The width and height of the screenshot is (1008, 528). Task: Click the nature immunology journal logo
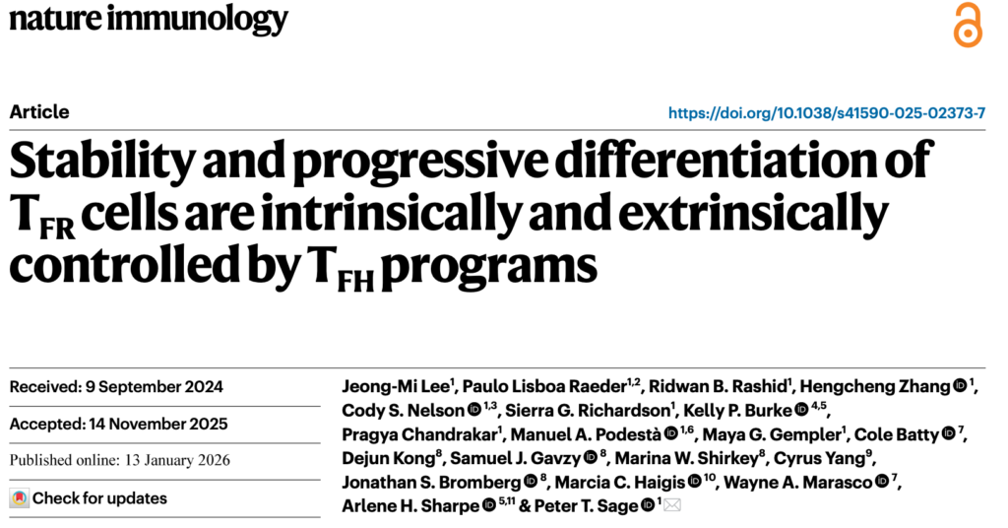click(x=149, y=19)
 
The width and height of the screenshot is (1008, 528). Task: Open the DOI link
click(x=827, y=113)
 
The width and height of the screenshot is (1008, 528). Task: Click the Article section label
click(x=39, y=111)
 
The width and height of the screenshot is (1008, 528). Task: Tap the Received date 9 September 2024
click(x=116, y=386)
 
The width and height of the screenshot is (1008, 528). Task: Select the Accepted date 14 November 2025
click(x=118, y=425)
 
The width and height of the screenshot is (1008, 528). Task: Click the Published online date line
click(x=118, y=460)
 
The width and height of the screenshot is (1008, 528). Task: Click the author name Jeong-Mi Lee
click(x=394, y=386)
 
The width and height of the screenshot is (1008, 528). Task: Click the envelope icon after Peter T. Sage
click(x=673, y=506)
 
